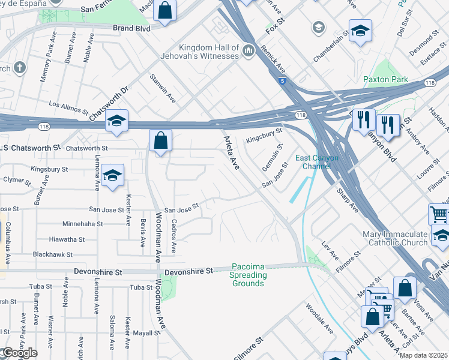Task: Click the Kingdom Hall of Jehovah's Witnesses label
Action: point(208,52)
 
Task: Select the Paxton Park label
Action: point(385,79)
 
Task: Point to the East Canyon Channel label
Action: point(317,162)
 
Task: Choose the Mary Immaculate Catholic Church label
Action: point(395,238)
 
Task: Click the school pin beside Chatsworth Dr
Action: point(117,121)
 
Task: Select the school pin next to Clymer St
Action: point(112,175)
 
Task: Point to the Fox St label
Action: point(274,28)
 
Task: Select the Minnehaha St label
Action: point(82,224)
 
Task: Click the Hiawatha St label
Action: point(67,239)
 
